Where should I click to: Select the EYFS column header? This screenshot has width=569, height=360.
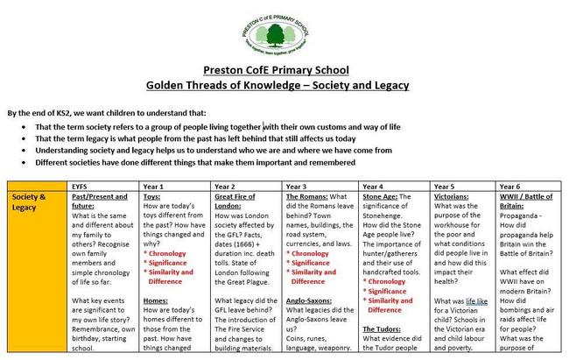pos(82,187)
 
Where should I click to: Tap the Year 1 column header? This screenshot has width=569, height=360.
pos(153,187)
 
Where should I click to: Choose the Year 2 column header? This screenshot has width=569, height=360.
pos(225,187)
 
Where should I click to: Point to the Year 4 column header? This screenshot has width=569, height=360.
pos(372,187)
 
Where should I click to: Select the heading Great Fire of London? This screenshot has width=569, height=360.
pos(237,202)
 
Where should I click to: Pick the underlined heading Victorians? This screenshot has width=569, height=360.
pos(453,197)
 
